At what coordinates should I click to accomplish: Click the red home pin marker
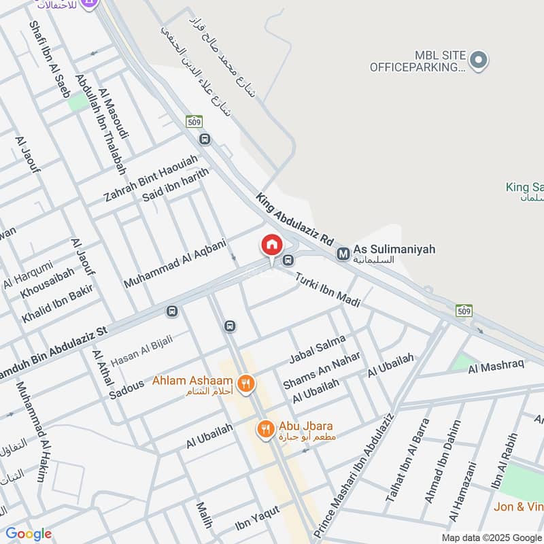(x=271, y=245)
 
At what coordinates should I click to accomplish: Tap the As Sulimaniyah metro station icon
(x=343, y=254)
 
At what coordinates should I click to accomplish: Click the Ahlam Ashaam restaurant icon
(x=246, y=384)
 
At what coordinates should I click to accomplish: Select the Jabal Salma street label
(x=318, y=349)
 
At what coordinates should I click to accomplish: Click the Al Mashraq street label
(x=496, y=365)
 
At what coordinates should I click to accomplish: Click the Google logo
(x=29, y=534)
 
